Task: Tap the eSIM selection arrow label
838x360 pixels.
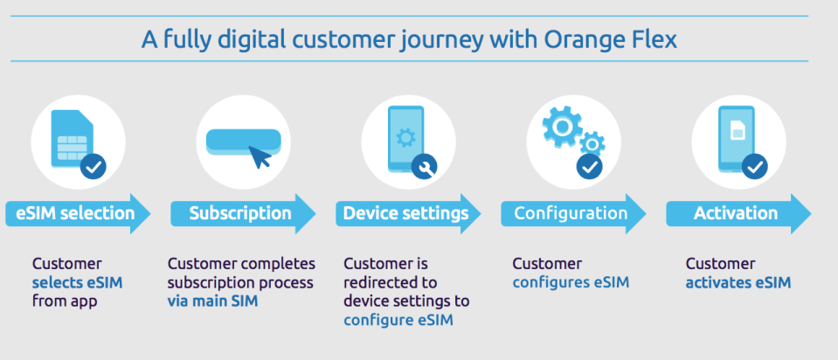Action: (75, 213)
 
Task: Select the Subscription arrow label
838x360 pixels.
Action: (240, 213)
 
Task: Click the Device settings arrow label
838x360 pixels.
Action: (405, 213)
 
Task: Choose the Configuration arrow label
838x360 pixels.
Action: (571, 213)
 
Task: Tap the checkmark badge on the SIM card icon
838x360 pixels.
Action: (93, 164)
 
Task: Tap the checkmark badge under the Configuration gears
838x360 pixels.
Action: (590, 164)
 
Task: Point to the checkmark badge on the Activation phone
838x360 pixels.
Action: (754, 164)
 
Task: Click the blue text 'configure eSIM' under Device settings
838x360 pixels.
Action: (392, 320)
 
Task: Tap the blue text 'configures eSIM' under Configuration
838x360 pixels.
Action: (571, 282)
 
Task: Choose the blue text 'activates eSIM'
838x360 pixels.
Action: (738, 282)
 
